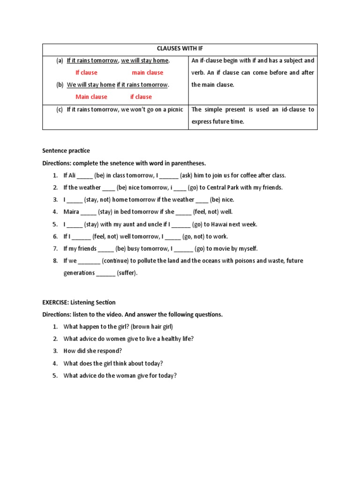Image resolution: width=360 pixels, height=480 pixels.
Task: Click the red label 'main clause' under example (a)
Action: pyautogui.click(x=147, y=73)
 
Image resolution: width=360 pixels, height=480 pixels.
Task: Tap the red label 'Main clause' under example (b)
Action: pyautogui.click(x=91, y=97)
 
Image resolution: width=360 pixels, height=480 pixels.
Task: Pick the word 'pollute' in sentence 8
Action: pyautogui.click(x=152, y=261)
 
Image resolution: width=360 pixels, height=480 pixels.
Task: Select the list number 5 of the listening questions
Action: pyautogui.click(x=55, y=376)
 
